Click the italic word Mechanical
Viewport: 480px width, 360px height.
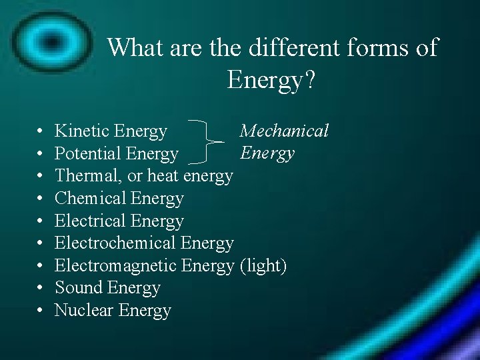(x=284, y=131)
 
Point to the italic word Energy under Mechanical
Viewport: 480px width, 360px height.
(x=267, y=153)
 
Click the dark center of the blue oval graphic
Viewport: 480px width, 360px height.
(x=49, y=39)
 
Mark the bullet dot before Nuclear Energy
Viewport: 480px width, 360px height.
(x=41, y=311)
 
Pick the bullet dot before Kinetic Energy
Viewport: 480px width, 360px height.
(x=41, y=132)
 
